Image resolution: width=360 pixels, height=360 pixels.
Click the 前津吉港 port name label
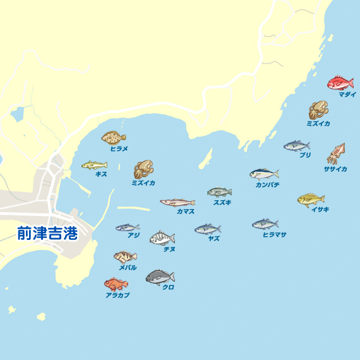coord(47,234)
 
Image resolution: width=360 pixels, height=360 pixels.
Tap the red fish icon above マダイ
coord(340,83)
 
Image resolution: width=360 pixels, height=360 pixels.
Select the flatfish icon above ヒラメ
coord(114,137)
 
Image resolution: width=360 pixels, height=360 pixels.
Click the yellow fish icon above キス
coord(94,165)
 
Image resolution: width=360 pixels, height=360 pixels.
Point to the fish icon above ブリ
coord(297,146)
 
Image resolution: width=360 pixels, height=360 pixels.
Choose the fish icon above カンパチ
coord(263,174)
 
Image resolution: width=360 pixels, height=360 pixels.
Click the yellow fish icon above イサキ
coord(311,200)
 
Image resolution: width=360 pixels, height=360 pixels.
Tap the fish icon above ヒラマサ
coord(265,224)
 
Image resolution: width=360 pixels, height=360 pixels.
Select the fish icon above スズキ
coord(219,192)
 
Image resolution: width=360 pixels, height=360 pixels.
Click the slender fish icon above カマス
coord(177,203)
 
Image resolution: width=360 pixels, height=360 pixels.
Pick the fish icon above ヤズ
coord(207,229)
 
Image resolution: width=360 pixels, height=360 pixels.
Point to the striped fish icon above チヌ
coord(162,238)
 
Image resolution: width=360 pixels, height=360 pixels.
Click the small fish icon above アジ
coord(127,227)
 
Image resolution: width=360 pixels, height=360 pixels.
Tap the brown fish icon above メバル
coord(125,256)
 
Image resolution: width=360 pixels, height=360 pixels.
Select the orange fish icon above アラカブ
coord(116,284)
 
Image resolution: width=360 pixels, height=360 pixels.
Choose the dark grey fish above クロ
coord(160,277)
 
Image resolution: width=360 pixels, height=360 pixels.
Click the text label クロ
coord(168,287)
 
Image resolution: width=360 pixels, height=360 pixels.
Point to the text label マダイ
coord(347,94)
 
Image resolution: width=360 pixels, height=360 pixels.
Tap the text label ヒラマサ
coord(274,234)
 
